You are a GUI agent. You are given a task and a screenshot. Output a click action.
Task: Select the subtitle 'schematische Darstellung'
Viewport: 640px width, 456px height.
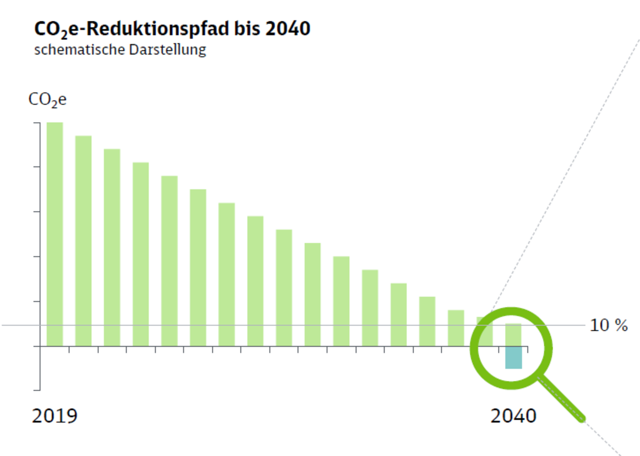click(x=120, y=51)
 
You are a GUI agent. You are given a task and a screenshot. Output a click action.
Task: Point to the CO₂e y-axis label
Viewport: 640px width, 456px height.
click(x=47, y=100)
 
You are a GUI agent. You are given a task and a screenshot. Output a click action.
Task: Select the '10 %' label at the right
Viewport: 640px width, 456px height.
click(x=609, y=325)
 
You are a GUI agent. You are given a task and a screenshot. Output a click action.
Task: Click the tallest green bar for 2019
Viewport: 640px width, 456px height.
click(x=55, y=235)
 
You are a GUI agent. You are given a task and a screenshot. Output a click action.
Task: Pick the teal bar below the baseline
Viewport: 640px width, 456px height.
click(x=514, y=357)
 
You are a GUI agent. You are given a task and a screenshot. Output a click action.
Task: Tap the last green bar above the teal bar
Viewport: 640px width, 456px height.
click(x=514, y=334)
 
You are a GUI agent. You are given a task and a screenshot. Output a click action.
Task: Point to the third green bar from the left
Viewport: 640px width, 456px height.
click(x=112, y=247)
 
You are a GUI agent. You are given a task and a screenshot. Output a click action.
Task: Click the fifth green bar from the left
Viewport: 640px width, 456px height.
click(x=170, y=261)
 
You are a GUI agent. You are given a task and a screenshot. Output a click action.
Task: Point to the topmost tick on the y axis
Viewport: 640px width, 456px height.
click(x=37, y=123)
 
